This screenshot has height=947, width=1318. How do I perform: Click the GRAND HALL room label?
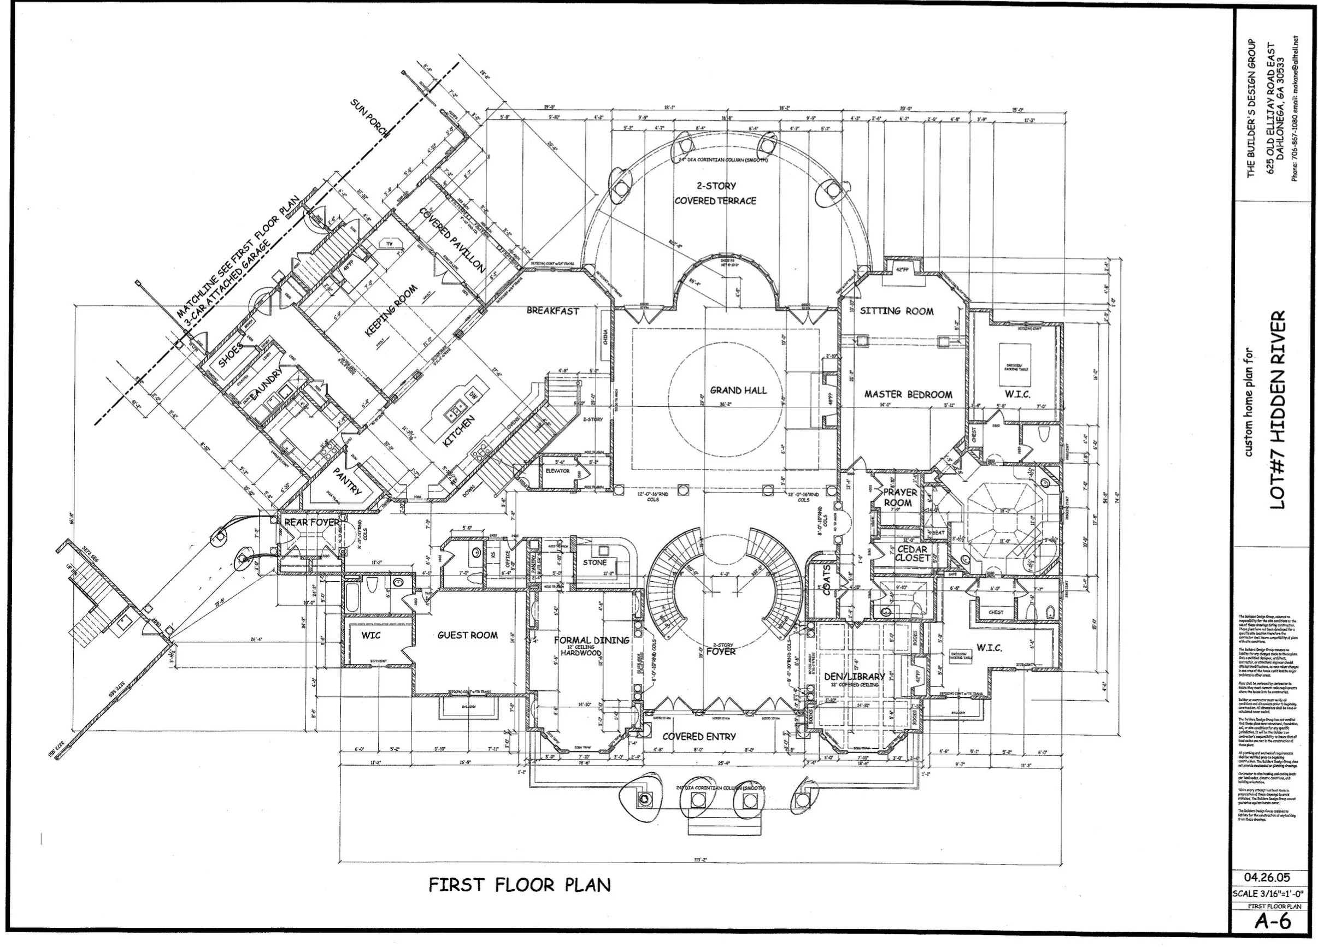point(738,390)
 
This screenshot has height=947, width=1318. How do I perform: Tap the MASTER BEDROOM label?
point(908,394)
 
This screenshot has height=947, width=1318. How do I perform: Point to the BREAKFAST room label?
point(552,311)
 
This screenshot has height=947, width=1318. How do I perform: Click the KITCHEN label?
point(458,431)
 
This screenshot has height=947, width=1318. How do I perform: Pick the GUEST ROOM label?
point(467,636)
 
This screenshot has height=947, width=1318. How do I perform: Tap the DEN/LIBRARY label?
point(854,676)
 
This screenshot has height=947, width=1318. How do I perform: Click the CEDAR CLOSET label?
point(912,553)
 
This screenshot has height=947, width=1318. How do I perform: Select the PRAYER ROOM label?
point(900,498)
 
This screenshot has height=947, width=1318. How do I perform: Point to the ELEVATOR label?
point(557,471)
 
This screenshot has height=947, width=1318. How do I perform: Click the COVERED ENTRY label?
point(698,737)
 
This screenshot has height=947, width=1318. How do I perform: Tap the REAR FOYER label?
point(311,523)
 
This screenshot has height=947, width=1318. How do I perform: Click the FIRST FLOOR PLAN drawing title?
point(520,885)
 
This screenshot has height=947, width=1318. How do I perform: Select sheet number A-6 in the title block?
point(1272,921)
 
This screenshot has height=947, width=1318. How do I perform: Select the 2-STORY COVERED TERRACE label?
point(715,193)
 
